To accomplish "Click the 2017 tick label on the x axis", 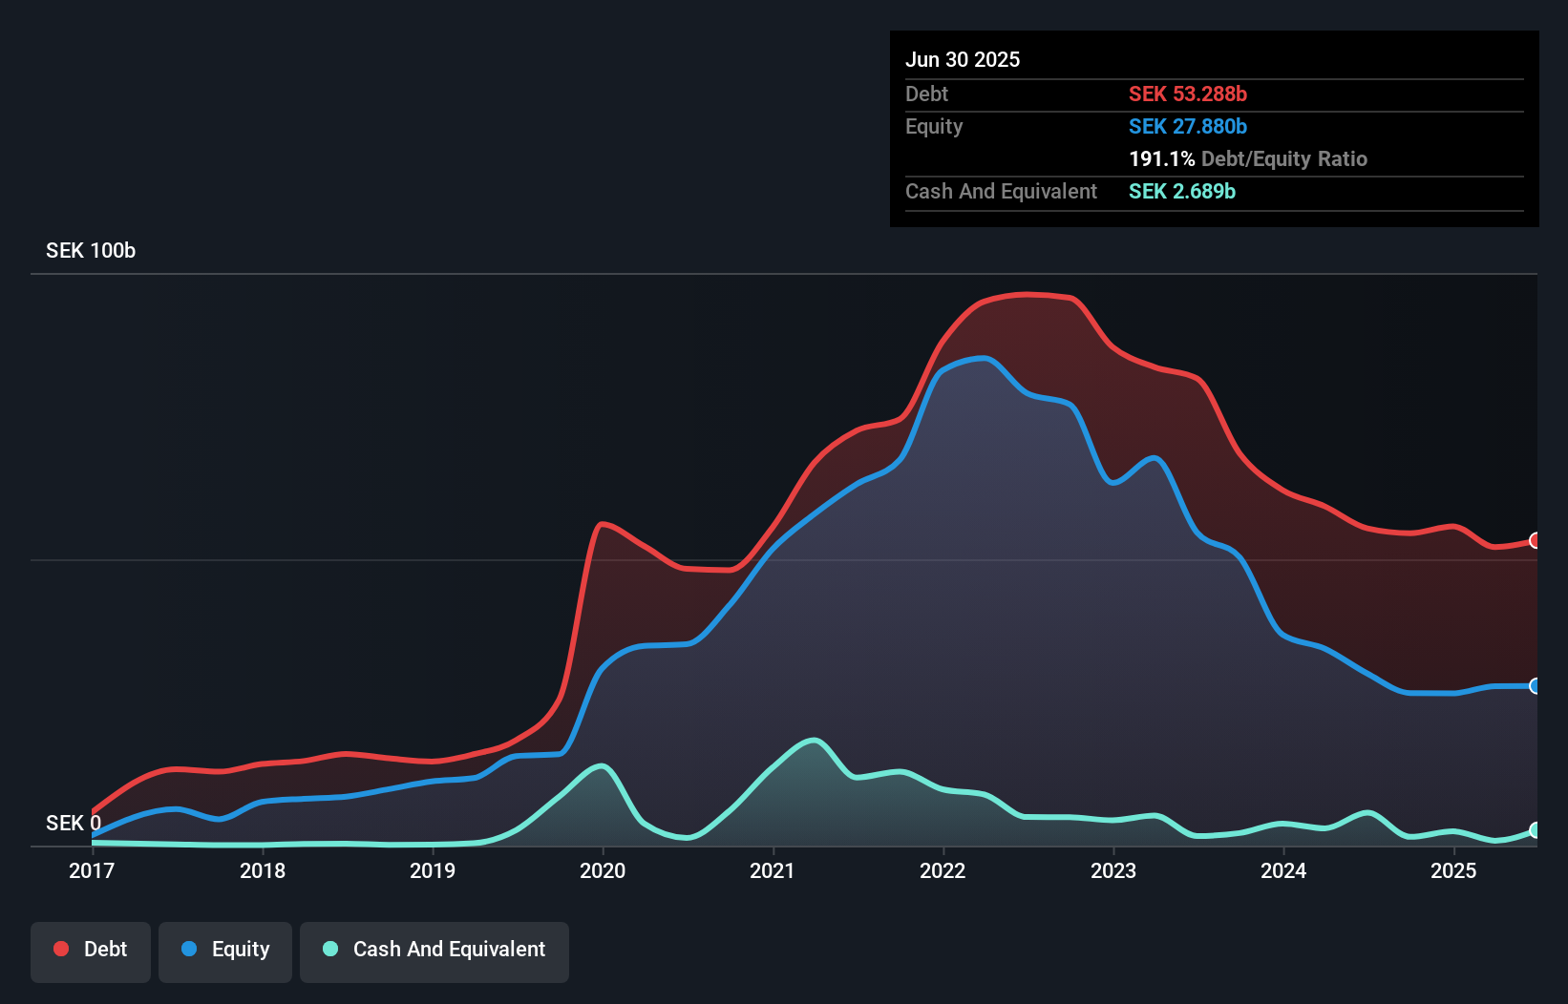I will click(x=92, y=870).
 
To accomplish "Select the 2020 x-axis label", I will click(x=603, y=870).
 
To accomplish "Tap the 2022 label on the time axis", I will click(x=943, y=870).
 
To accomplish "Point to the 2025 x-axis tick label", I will click(x=1453, y=870).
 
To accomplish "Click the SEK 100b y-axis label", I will click(x=91, y=250).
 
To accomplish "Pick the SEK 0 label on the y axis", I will click(x=73, y=823).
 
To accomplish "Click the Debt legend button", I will click(x=91, y=950).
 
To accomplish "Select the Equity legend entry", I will click(x=225, y=950).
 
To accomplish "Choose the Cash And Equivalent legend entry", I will click(x=434, y=950).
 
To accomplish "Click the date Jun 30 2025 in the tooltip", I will click(x=963, y=59).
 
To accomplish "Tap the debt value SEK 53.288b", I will click(x=1188, y=94).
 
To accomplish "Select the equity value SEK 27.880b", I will click(x=1188, y=126).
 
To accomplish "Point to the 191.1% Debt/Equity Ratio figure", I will click(x=1248, y=158).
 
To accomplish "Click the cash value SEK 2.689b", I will click(x=1182, y=191).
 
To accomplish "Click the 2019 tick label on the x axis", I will click(x=433, y=870).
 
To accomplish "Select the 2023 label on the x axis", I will click(x=1113, y=870).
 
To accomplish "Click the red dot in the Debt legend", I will click(x=61, y=949).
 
